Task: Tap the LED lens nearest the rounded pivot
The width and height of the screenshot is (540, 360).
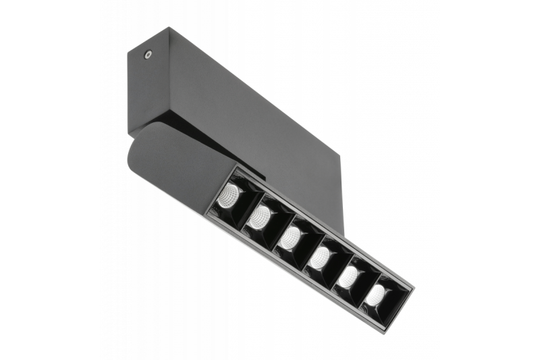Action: pyautogui.click(x=229, y=195)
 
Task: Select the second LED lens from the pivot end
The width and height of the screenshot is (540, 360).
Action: pyautogui.click(x=260, y=217)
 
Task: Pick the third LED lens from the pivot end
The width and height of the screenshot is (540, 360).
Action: pyautogui.click(x=290, y=237)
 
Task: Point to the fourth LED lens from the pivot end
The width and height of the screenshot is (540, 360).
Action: pyautogui.click(x=320, y=257)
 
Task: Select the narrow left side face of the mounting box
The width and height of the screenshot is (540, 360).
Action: pyautogui.click(x=138, y=88)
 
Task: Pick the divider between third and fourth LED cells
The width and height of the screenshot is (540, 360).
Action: pyautogui.click(x=305, y=246)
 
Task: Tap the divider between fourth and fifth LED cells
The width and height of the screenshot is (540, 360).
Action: pyautogui.click(x=335, y=265)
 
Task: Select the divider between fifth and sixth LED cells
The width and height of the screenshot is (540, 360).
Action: pyautogui.click(x=363, y=284)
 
